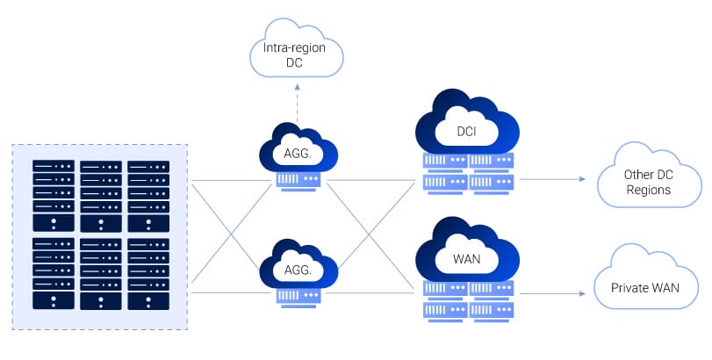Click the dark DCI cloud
point(466,129)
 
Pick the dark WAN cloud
point(466,257)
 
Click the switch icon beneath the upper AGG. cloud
point(298,180)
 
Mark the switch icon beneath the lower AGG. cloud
point(298,297)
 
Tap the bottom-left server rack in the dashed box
point(54,272)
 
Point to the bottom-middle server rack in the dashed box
point(101,272)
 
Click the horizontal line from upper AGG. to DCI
point(369,180)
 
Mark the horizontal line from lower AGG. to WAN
point(369,292)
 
